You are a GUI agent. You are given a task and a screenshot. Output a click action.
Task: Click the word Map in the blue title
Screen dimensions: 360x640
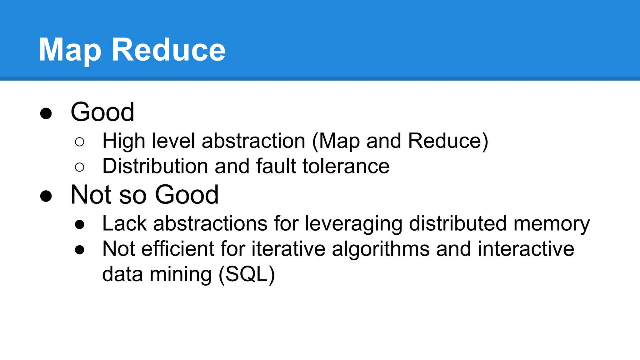click(x=70, y=50)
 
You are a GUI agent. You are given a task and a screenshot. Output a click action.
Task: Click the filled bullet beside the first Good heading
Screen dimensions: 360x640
click(x=46, y=113)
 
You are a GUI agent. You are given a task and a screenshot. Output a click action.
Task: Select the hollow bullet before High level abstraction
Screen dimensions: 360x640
click(x=80, y=142)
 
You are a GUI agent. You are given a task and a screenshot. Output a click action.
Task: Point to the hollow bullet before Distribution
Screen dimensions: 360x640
click(x=80, y=167)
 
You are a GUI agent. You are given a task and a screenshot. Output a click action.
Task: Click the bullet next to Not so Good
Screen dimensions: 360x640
click(x=46, y=196)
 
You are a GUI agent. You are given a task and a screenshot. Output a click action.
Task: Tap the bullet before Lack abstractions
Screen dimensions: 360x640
click(x=80, y=224)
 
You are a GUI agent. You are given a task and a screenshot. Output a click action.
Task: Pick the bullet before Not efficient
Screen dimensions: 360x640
click(x=80, y=250)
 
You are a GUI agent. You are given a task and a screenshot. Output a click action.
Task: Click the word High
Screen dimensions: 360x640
click(x=124, y=141)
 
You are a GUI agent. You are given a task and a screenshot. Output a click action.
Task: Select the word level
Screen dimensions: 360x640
click(x=173, y=141)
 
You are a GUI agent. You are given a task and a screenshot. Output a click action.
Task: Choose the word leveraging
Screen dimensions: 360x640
click(x=353, y=224)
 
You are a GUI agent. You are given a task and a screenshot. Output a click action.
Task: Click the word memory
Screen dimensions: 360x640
click(x=552, y=224)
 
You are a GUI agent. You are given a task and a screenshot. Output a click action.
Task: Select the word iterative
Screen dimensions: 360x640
click(x=288, y=249)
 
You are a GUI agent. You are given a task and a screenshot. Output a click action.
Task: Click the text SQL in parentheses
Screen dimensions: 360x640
click(x=247, y=274)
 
